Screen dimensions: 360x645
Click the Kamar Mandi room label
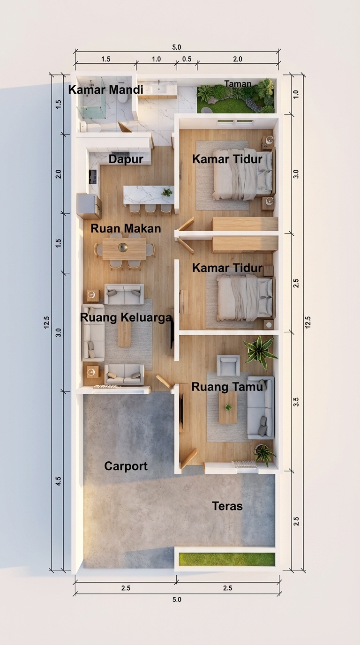point(105,90)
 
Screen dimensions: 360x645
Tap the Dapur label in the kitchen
point(126,159)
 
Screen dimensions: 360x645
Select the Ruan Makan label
point(126,229)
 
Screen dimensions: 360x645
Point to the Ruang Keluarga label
point(126,318)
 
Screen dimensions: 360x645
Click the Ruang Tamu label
point(227,387)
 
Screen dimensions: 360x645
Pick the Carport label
point(126,466)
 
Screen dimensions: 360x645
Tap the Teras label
point(227,506)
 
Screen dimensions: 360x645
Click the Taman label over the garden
point(238,84)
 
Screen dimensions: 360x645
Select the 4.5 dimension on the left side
point(59,481)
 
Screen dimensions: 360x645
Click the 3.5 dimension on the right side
point(296,402)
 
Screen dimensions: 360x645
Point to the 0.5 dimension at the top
point(187,59)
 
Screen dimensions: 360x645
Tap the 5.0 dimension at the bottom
point(177,600)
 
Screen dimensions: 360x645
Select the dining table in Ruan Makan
point(124,249)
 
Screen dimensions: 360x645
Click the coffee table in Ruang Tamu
point(228,407)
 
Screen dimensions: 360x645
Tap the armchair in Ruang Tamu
point(228,365)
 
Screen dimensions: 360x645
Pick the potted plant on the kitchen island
point(167,192)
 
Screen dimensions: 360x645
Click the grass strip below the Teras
point(227,559)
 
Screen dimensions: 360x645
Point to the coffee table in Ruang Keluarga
point(124,334)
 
